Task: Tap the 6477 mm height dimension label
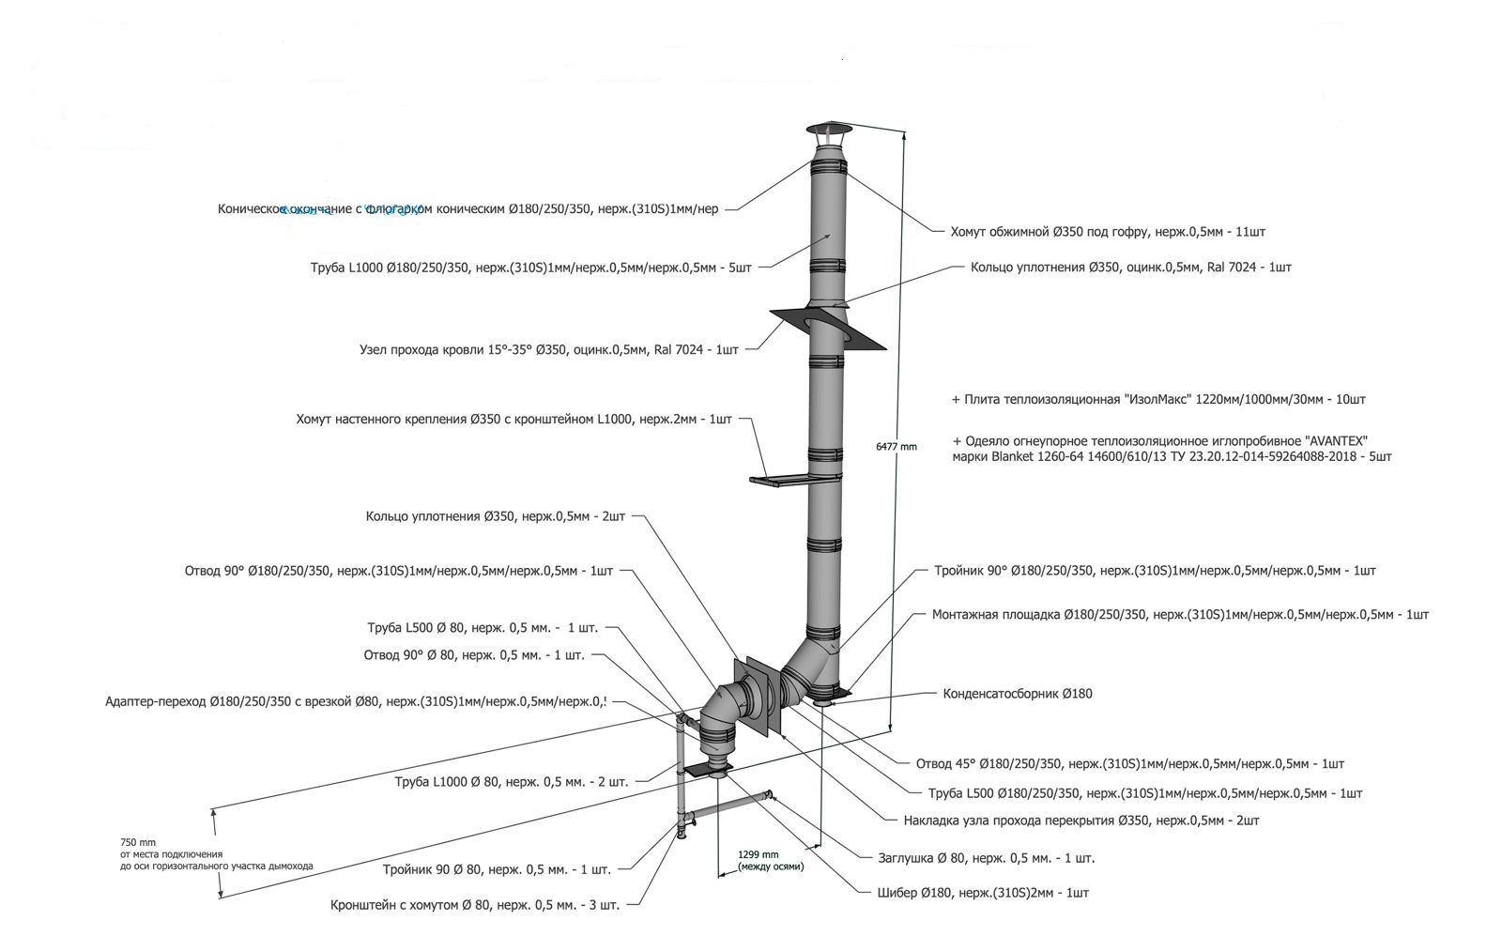(896, 447)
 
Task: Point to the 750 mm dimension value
(138, 842)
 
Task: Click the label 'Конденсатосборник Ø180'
(1018, 694)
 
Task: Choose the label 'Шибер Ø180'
(976, 893)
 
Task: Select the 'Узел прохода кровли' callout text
(549, 350)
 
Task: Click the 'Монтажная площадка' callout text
(1180, 615)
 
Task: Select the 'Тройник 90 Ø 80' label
(497, 870)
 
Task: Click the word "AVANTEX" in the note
(1336, 441)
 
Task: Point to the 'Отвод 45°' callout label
(1129, 763)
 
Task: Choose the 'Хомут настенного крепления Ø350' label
(513, 420)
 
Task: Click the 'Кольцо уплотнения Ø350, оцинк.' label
(1130, 268)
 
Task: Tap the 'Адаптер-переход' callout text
(357, 701)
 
